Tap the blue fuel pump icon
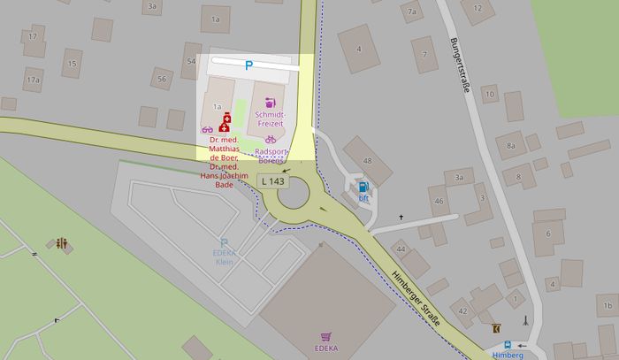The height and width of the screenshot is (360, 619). point(363,187)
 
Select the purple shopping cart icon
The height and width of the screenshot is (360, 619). point(326,337)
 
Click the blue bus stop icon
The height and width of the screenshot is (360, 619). point(508,345)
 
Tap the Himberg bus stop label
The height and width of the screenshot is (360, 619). point(508,355)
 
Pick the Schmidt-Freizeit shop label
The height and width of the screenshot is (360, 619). point(270,120)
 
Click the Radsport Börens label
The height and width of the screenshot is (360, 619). point(270,156)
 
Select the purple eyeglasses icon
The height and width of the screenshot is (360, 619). point(207,130)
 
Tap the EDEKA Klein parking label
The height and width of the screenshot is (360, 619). point(224,257)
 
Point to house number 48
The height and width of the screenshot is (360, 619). point(367,160)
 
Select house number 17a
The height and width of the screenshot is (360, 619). point(33,80)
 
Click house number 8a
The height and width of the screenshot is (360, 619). point(510,145)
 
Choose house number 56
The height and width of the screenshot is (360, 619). point(161,79)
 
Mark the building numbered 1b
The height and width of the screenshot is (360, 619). point(607,307)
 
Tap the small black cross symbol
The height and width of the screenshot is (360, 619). point(401,217)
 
